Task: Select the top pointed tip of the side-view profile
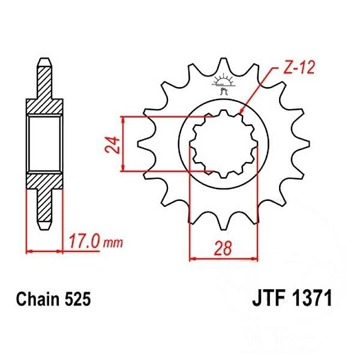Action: coord(44,61)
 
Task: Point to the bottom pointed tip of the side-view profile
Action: coord(44,227)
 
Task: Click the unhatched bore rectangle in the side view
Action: coord(45,144)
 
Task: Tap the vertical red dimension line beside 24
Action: coord(123,144)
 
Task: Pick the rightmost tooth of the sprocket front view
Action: coord(300,144)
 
